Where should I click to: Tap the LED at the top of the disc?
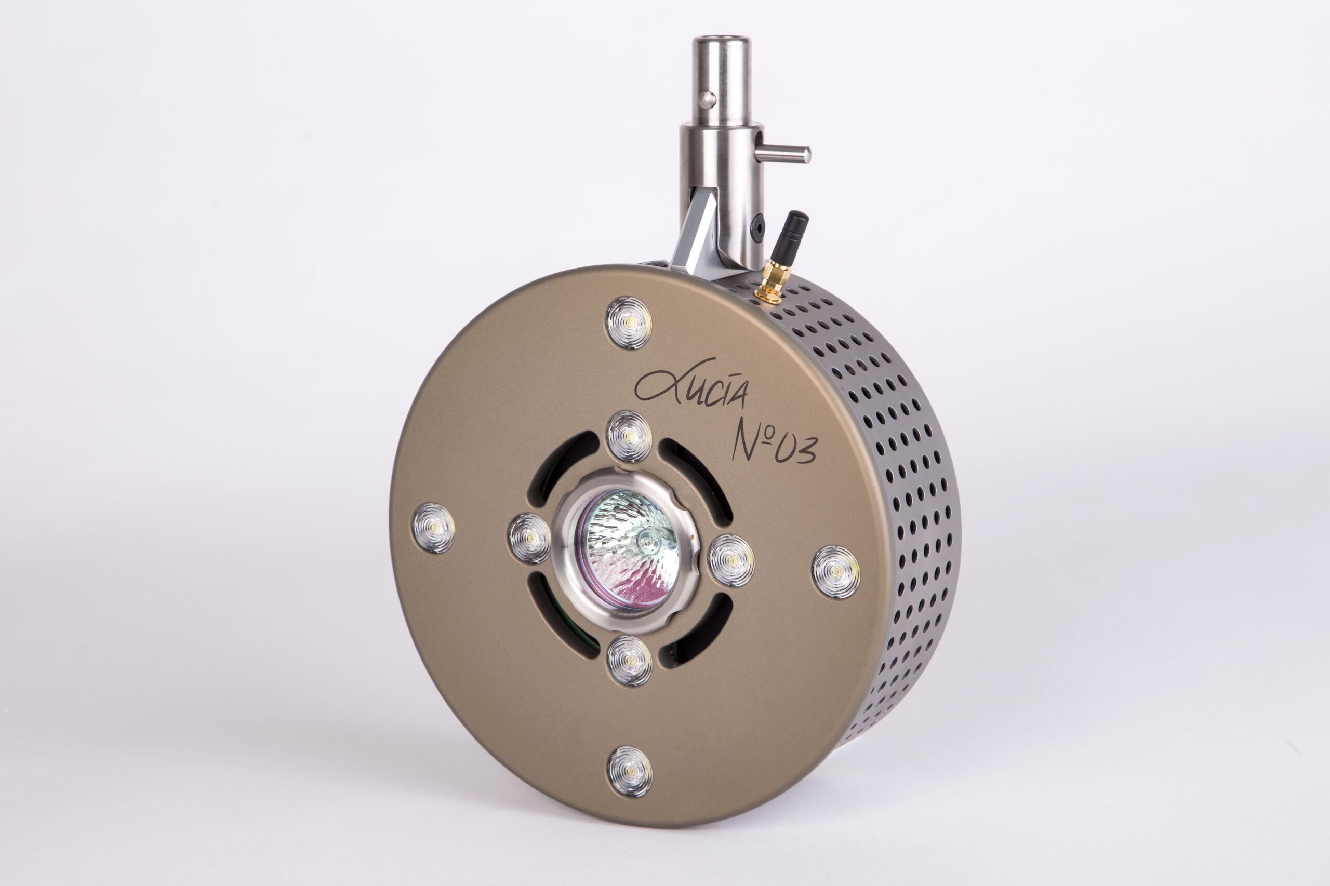click(629, 323)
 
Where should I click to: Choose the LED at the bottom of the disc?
click(630, 772)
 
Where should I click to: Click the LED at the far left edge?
click(433, 528)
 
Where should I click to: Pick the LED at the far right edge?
click(836, 572)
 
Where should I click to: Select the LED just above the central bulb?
click(629, 437)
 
